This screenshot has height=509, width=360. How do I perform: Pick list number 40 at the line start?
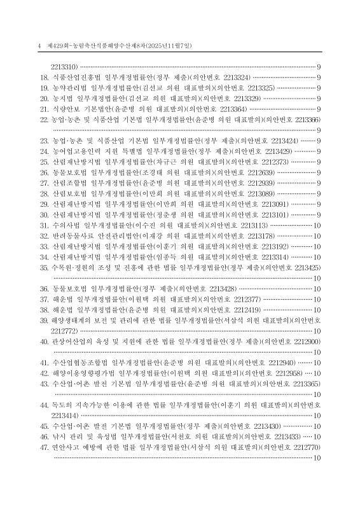pos(45,342)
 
